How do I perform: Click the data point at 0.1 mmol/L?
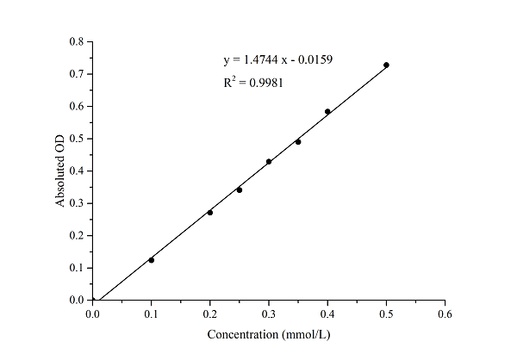(x=152, y=259)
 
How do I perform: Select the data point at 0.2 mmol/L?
(x=210, y=212)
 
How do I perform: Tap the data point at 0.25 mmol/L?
(x=240, y=189)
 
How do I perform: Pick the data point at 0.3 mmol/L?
(x=269, y=161)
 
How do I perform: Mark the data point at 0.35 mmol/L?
(x=298, y=141)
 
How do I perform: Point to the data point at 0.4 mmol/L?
(x=327, y=111)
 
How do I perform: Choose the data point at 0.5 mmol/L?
(x=386, y=65)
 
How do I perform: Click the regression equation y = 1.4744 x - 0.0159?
(x=266, y=60)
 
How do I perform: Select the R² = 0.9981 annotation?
(x=254, y=83)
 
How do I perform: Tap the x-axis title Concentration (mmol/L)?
(x=268, y=333)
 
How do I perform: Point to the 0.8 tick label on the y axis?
(x=77, y=41)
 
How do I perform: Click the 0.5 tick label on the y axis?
(x=77, y=139)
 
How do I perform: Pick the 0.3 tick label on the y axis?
(x=77, y=203)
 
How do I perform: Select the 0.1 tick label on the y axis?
(x=77, y=268)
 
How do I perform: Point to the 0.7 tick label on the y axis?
(x=77, y=74)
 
